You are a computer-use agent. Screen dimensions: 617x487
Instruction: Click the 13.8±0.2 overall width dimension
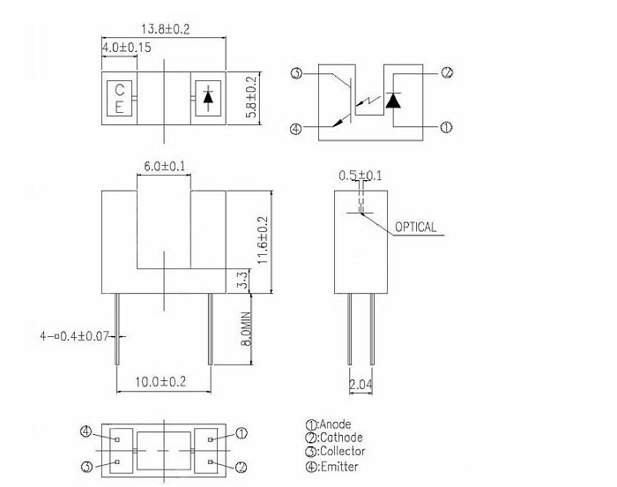click(x=166, y=29)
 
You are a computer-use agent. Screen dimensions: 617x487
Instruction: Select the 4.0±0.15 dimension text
click(x=126, y=48)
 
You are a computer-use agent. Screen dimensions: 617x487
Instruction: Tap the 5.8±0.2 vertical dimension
click(x=251, y=96)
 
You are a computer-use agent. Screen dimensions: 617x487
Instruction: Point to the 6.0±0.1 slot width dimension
click(x=164, y=166)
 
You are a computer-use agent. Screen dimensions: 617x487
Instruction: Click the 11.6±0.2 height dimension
click(x=263, y=240)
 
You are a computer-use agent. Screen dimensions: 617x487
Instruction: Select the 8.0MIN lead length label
click(x=246, y=329)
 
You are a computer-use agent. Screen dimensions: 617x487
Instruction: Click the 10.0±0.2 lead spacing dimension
click(x=160, y=382)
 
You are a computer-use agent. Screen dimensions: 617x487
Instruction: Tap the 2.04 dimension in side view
click(x=361, y=384)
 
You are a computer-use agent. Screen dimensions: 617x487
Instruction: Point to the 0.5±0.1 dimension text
click(x=360, y=176)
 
